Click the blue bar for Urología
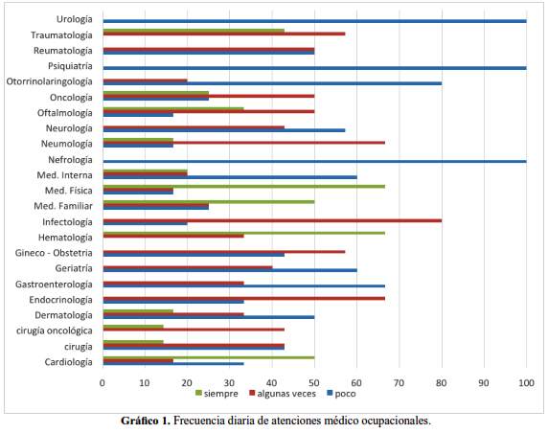click(x=314, y=21)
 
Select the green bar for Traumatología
click(x=194, y=31)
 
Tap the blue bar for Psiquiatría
click(x=314, y=68)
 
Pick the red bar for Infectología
click(x=272, y=220)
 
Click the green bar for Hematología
click(x=244, y=233)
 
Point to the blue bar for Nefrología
click(x=314, y=162)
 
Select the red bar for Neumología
click(x=244, y=143)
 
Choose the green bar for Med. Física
click(x=244, y=186)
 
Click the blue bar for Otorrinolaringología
click(x=272, y=83)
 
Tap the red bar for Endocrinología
click(x=244, y=299)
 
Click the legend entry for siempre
click(x=217, y=394)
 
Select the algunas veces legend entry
click(x=283, y=394)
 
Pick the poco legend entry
click(x=341, y=394)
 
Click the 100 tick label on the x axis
click(x=526, y=383)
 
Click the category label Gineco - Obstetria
click(x=54, y=253)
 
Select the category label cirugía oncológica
click(x=55, y=330)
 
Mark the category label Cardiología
click(x=69, y=362)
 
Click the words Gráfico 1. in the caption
click(x=146, y=421)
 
